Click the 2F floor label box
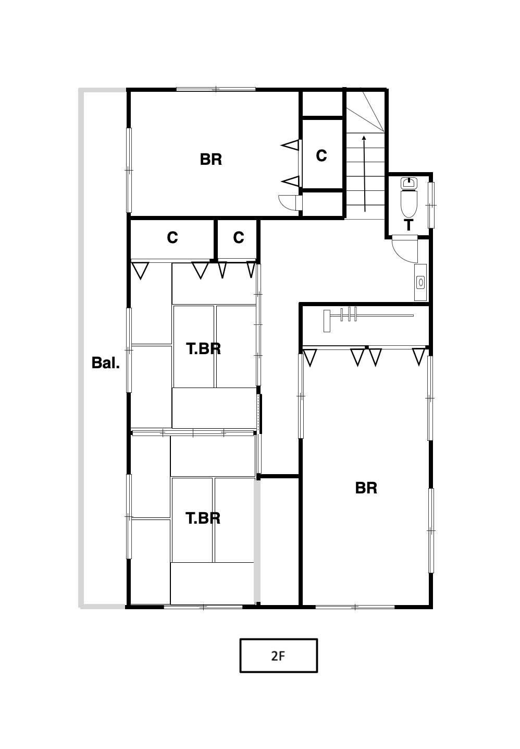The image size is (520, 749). pyautogui.click(x=278, y=655)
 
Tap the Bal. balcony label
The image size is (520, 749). pyautogui.click(x=106, y=363)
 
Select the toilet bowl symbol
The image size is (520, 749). pyautogui.click(x=409, y=204)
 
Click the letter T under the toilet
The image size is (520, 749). pyautogui.click(x=408, y=225)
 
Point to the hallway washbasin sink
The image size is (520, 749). pyautogui.click(x=420, y=283)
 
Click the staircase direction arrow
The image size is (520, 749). pyautogui.click(x=364, y=174)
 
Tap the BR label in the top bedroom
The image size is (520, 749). pyautogui.click(x=211, y=160)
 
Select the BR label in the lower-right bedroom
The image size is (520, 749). pyautogui.click(x=366, y=488)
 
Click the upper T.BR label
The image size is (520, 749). pyautogui.click(x=203, y=349)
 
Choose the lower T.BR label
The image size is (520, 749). pyautogui.click(x=203, y=518)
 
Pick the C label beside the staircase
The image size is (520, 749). pyautogui.click(x=321, y=156)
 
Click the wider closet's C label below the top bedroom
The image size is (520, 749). pyautogui.click(x=172, y=238)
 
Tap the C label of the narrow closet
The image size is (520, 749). pyautogui.click(x=239, y=238)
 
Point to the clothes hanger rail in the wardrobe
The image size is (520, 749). pyautogui.click(x=368, y=316)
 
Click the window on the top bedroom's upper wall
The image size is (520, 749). pyautogui.click(x=216, y=89)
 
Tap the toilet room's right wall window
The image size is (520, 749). pyautogui.click(x=431, y=205)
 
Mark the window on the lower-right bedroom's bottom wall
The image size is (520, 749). pyautogui.click(x=355, y=607)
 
